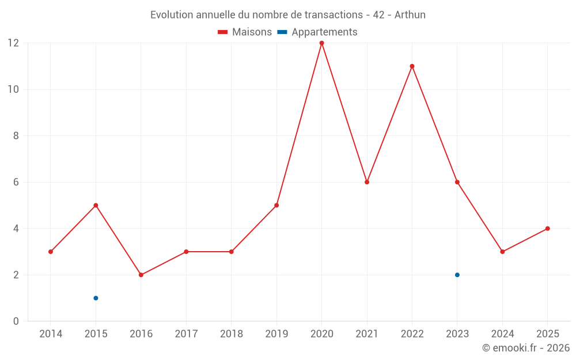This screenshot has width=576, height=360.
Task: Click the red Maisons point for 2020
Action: pyautogui.click(x=322, y=43)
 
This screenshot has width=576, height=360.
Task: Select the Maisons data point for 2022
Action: pyautogui.click(x=412, y=66)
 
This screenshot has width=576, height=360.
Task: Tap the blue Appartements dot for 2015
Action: pyautogui.click(x=96, y=298)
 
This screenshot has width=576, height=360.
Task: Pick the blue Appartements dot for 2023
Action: pyautogui.click(x=457, y=275)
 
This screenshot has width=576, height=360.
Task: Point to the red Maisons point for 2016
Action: pyautogui.click(x=141, y=275)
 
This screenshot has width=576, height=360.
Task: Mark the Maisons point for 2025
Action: pyautogui.click(x=548, y=229)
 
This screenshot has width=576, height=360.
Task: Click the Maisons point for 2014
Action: pyautogui.click(x=51, y=252)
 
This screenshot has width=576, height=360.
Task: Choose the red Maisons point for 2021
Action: pyautogui.click(x=367, y=182)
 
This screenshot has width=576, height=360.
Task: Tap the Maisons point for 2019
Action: pyautogui.click(x=276, y=206)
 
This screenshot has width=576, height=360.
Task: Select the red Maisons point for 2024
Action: pyautogui.click(x=502, y=252)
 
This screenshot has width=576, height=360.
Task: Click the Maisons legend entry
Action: pyautogui.click(x=245, y=32)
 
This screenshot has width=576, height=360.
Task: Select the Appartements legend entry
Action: pyautogui.click(x=317, y=32)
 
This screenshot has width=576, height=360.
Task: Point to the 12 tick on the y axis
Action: pyautogui.click(x=13, y=43)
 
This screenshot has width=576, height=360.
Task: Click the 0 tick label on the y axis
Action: pyautogui.click(x=16, y=321)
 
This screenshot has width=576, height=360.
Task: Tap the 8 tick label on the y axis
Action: pyautogui.click(x=16, y=135)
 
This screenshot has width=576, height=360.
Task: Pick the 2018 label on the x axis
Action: pyautogui.click(x=232, y=334)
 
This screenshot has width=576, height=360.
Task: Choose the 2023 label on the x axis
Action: pyautogui.click(x=457, y=334)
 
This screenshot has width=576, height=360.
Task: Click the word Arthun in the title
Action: pyautogui.click(x=410, y=15)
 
